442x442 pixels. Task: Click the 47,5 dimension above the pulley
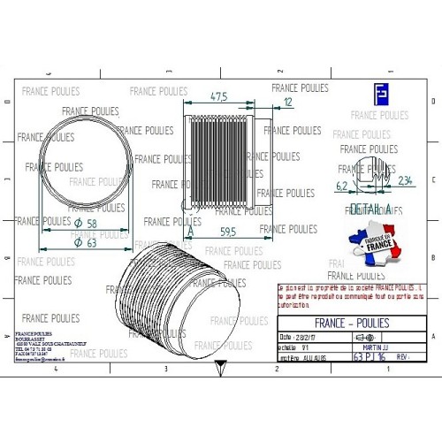(219, 95)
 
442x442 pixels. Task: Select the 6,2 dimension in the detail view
(342, 186)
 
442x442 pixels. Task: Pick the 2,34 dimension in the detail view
(406, 181)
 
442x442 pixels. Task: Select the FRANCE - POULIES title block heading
(352, 323)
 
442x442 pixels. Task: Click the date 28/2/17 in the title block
(301, 337)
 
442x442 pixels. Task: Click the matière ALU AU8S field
(301, 358)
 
